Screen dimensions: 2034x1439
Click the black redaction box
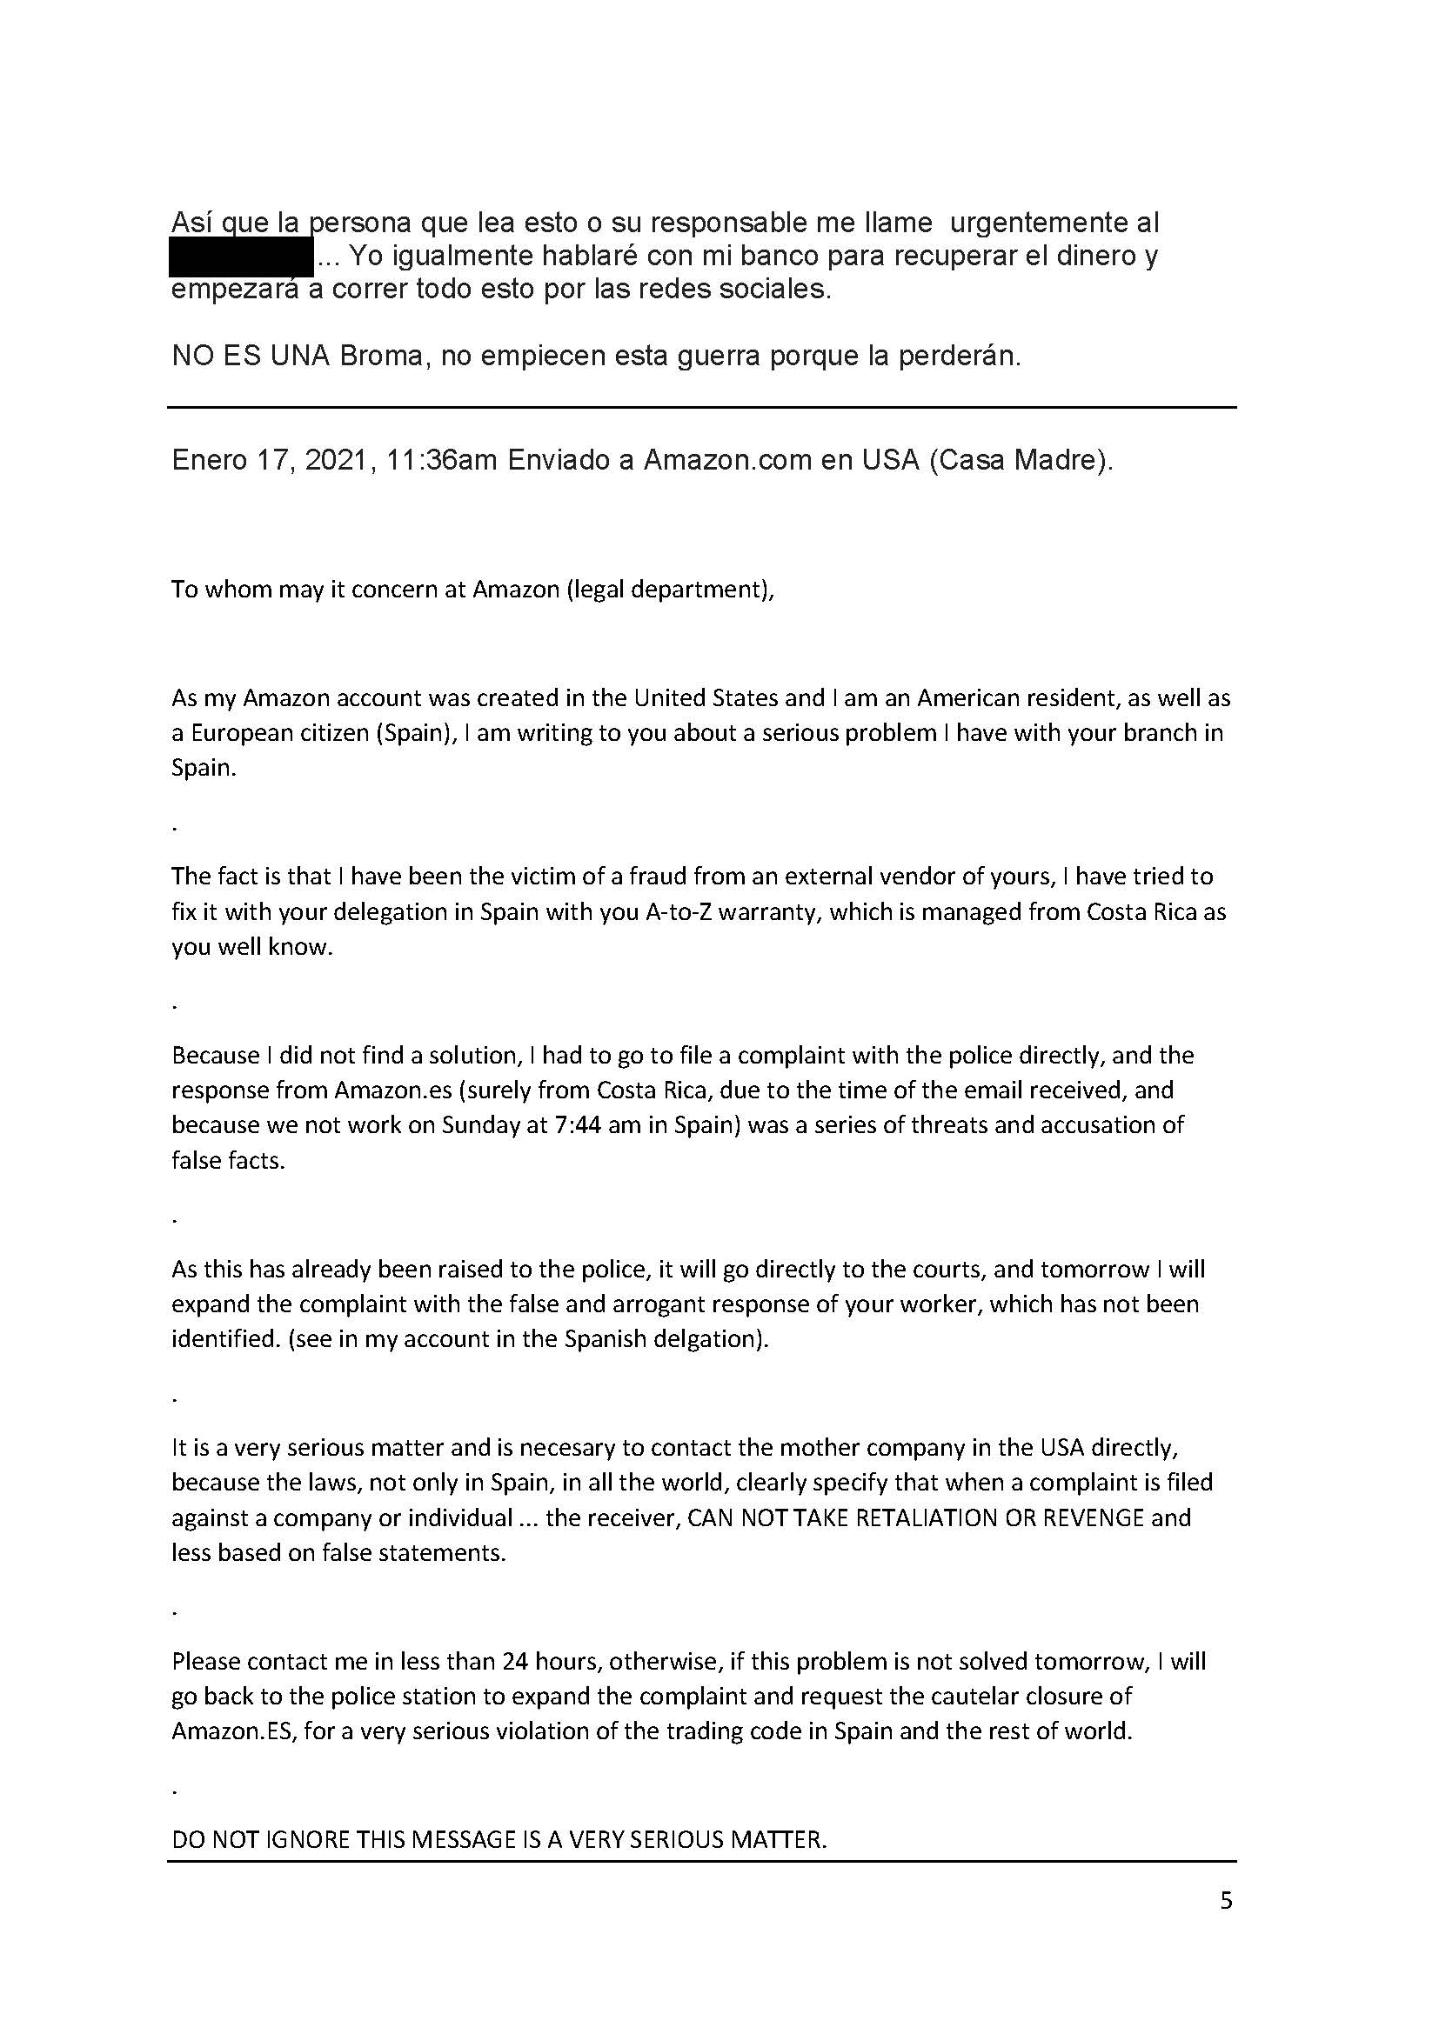pos(241,257)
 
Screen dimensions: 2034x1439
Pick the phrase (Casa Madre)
pos(1021,462)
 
